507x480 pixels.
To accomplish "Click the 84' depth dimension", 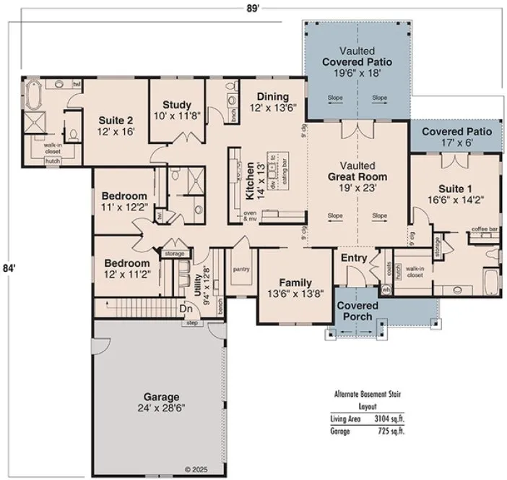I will (x=9, y=267).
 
